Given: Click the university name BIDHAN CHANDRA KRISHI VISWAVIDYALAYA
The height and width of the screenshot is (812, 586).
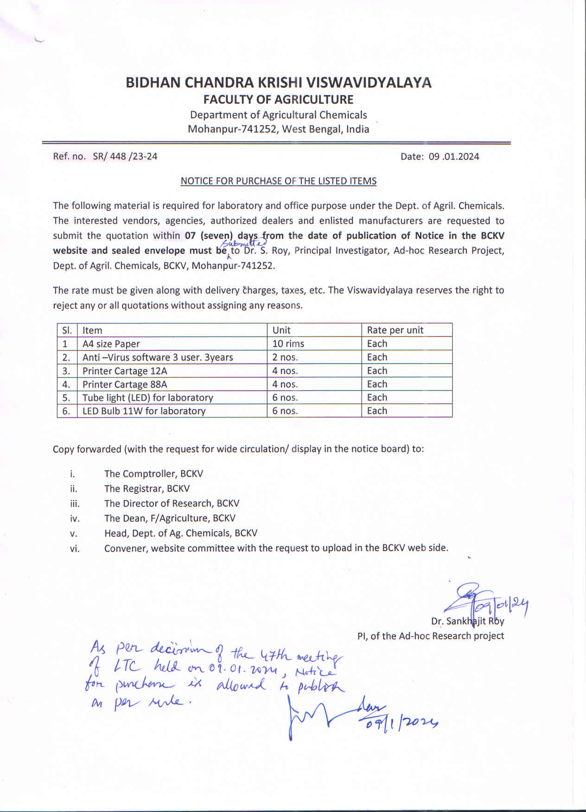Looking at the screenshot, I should point(279,82).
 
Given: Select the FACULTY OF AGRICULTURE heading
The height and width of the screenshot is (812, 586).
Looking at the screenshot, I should point(279,100).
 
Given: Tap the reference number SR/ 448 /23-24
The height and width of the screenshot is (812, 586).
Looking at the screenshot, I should point(125,156).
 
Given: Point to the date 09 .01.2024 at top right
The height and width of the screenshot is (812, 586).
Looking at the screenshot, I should point(453,157).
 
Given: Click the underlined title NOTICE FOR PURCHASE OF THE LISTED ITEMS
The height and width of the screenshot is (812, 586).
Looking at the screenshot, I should point(278,181).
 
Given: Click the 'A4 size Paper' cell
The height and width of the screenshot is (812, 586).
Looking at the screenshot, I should point(111,344).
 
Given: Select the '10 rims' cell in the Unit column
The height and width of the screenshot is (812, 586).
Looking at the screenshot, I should point(288,344).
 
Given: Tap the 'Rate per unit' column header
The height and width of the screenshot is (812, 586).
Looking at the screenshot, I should point(395,330).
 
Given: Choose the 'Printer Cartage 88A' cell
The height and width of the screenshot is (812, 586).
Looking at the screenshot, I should point(125,384).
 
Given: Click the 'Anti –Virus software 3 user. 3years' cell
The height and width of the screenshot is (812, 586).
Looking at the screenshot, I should point(158,357).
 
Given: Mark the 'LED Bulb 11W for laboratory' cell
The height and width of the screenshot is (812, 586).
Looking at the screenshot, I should point(144,411).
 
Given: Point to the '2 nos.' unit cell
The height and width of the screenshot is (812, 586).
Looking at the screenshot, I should point(285,357).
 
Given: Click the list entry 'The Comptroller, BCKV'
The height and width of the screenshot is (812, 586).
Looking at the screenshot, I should point(153,474).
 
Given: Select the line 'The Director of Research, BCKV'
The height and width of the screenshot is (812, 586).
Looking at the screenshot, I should point(172,503).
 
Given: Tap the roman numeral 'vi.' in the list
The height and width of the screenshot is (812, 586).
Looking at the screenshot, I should point(75,549).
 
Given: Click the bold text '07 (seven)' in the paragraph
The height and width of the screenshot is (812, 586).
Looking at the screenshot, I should point(209,236).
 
